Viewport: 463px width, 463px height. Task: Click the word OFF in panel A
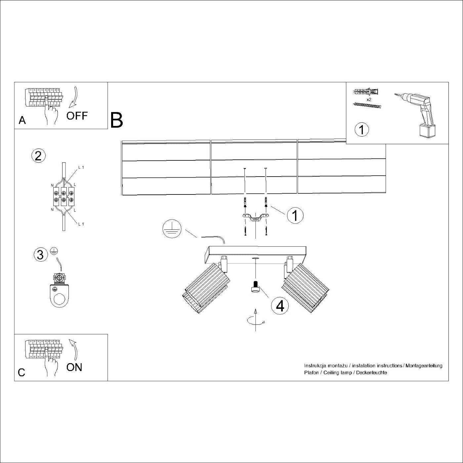pyautogui.click(x=77, y=116)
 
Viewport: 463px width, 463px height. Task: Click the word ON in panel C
pyautogui.click(x=74, y=367)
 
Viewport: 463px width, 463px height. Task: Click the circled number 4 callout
pyautogui.click(x=280, y=306)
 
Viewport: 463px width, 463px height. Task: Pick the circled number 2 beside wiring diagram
pyautogui.click(x=38, y=156)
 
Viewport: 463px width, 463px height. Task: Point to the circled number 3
pyautogui.click(x=40, y=255)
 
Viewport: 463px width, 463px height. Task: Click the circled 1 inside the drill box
pyautogui.click(x=361, y=129)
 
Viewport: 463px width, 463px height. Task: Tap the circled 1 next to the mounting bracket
pyautogui.click(x=295, y=215)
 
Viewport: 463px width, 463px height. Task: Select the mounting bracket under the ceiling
pyautogui.click(x=255, y=218)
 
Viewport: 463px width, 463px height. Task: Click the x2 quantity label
pyautogui.click(x=369, y=99)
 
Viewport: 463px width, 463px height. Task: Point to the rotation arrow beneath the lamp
pyautogui.click(x=255, y=320)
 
